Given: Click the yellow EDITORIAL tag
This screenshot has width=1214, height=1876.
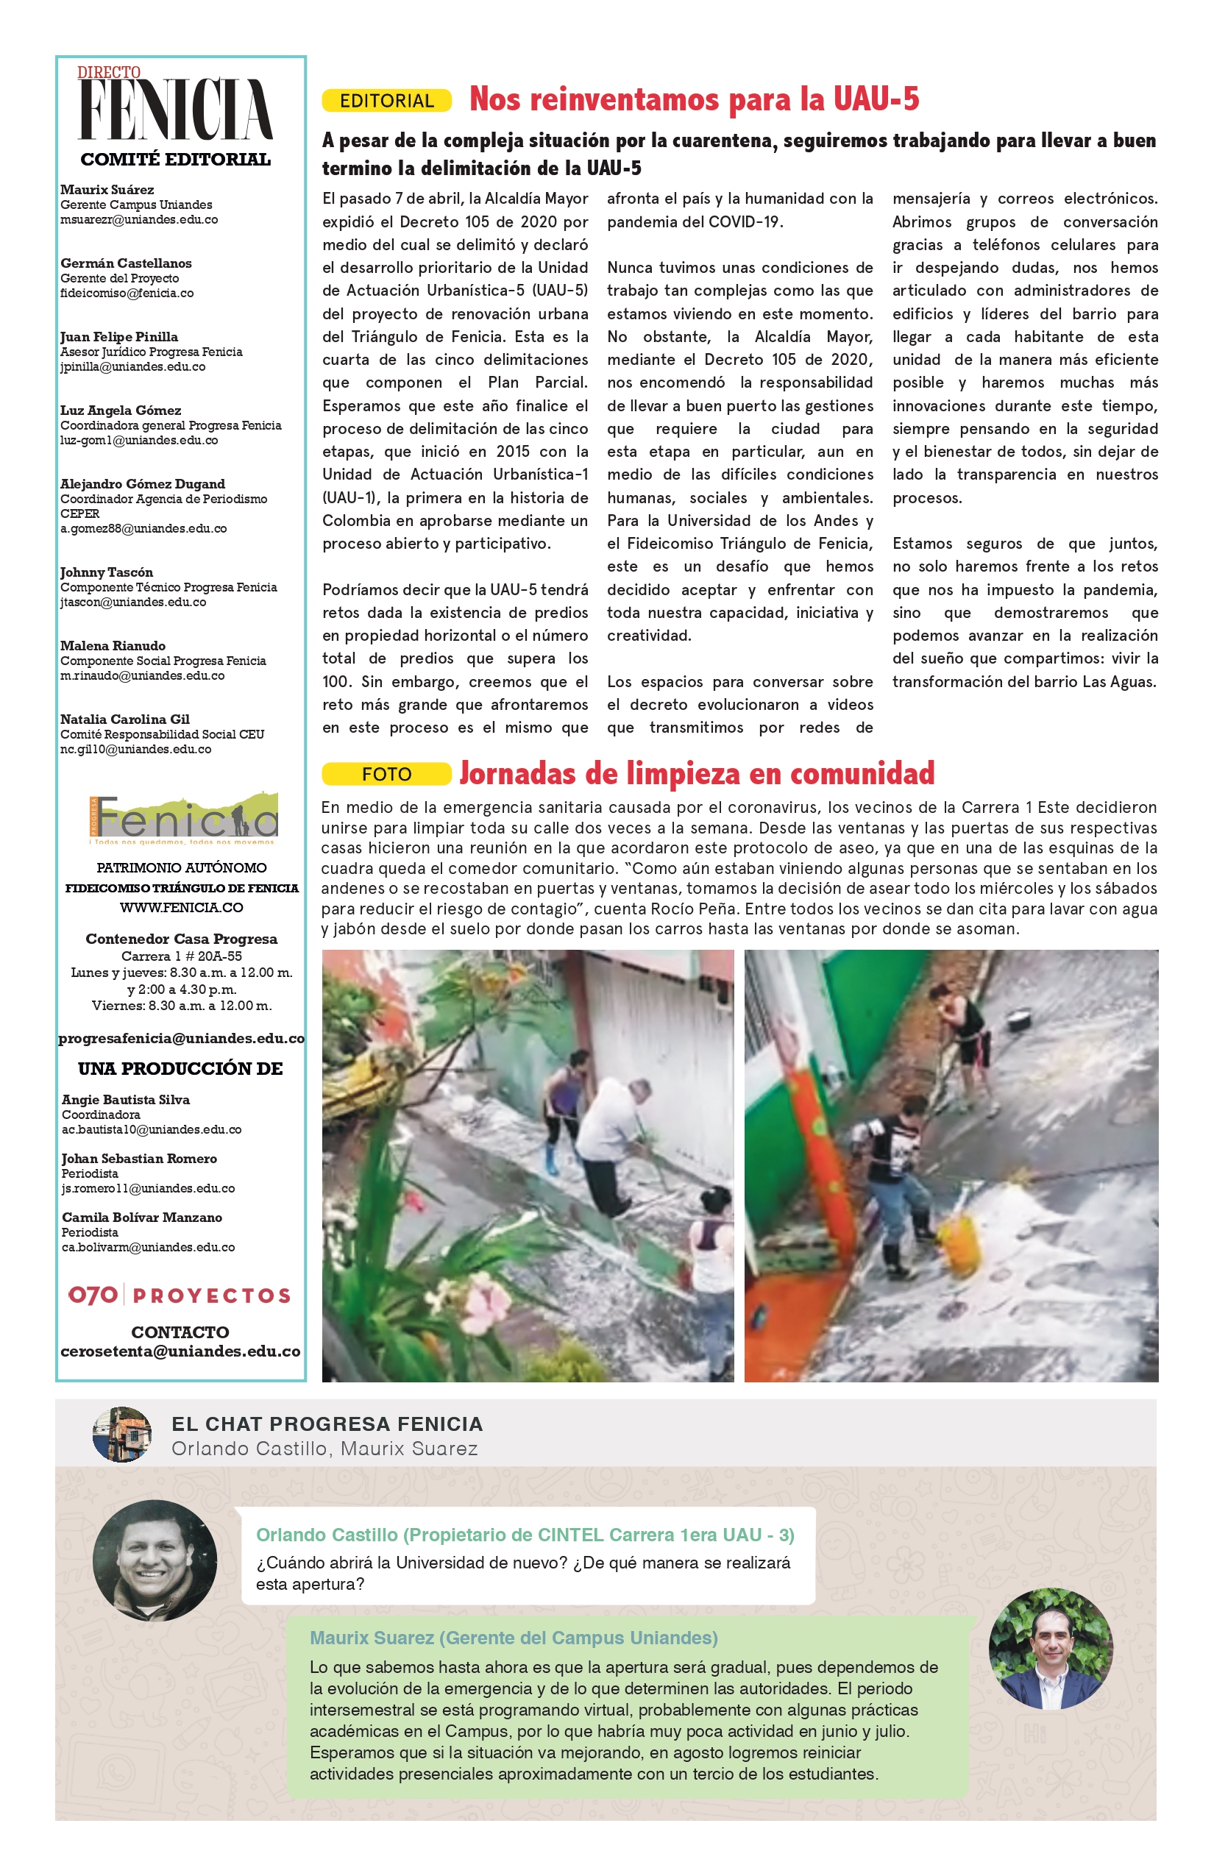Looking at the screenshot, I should coord(386,101).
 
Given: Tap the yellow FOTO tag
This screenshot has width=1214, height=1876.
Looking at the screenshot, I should coord(386,774).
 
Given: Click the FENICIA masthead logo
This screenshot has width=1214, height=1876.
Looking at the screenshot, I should coord(176,109).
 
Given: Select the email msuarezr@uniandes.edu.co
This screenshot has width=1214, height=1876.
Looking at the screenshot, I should coord(140,220).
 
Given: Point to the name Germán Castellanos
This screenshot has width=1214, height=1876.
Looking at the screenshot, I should coord(126,263).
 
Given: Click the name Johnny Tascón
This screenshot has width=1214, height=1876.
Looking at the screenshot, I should coord(107,572).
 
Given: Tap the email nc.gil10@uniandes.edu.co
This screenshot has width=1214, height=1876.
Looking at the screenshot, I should coord(136,750).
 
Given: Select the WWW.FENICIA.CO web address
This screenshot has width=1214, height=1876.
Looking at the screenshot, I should coord(181,907).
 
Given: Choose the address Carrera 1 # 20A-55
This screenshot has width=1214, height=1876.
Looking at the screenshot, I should coord(181,956).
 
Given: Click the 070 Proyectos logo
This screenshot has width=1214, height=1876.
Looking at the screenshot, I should coord(180,1295).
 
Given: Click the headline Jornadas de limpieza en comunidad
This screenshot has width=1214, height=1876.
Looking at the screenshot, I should coord(697,773).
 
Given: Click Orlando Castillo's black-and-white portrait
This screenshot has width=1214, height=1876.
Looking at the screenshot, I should coord(155,1560).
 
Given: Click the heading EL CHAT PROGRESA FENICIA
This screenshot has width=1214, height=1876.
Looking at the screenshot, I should coord(327,1424).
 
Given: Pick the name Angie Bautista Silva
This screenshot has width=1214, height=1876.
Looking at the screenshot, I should coord(126,1100).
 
